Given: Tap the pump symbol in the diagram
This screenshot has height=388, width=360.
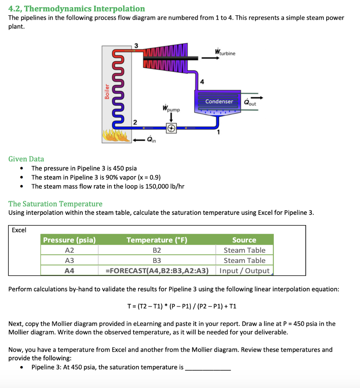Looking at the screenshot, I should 171,129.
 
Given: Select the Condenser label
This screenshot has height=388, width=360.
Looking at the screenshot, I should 219,102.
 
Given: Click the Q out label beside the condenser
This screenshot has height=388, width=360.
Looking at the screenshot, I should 250,102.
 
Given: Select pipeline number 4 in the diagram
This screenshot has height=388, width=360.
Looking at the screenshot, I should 202,82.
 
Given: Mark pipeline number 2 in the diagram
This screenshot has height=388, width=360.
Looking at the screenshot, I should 134,122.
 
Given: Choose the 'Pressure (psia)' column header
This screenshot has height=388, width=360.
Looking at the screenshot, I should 69,240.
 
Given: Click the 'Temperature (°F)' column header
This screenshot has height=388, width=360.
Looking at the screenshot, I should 157,240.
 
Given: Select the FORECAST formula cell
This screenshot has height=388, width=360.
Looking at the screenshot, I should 157,271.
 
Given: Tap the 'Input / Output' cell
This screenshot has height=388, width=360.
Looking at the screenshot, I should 244,271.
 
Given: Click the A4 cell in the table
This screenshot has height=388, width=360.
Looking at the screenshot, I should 69,271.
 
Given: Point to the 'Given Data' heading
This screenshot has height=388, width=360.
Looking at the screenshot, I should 26,159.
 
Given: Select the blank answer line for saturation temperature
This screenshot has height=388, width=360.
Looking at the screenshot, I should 208,368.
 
